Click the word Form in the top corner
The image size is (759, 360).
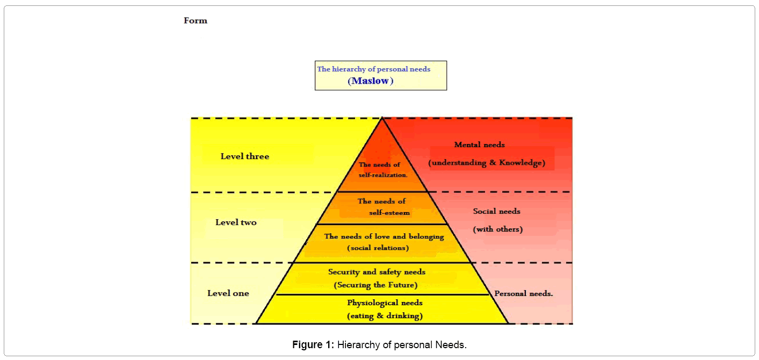click(195, 21)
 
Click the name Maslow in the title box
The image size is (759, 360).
click(371, 81)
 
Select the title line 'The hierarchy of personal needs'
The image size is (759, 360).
click(373, 69)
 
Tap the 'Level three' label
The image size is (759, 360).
click(244, 156)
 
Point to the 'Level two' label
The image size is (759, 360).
click(236, 222)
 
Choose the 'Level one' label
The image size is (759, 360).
click(228, 293)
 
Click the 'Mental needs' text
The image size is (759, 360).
click(479, 145)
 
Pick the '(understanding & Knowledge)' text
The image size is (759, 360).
click(487, 163)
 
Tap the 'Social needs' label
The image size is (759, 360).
click(496, 211)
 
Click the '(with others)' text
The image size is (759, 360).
click(497, 229)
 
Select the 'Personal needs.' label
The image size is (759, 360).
click(523, 294)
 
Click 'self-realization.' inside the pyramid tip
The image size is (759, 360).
click(383, 175)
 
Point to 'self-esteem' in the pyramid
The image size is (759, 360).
click(389, 212)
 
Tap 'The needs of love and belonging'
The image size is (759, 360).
click(384, 236)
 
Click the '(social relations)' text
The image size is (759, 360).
click(378, 248)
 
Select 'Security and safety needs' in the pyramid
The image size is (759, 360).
click(377, 272)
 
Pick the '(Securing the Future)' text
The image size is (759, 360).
click(375, 285)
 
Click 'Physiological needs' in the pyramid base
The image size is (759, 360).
click(385, 303)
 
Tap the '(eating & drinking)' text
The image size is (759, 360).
click(385, 316)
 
